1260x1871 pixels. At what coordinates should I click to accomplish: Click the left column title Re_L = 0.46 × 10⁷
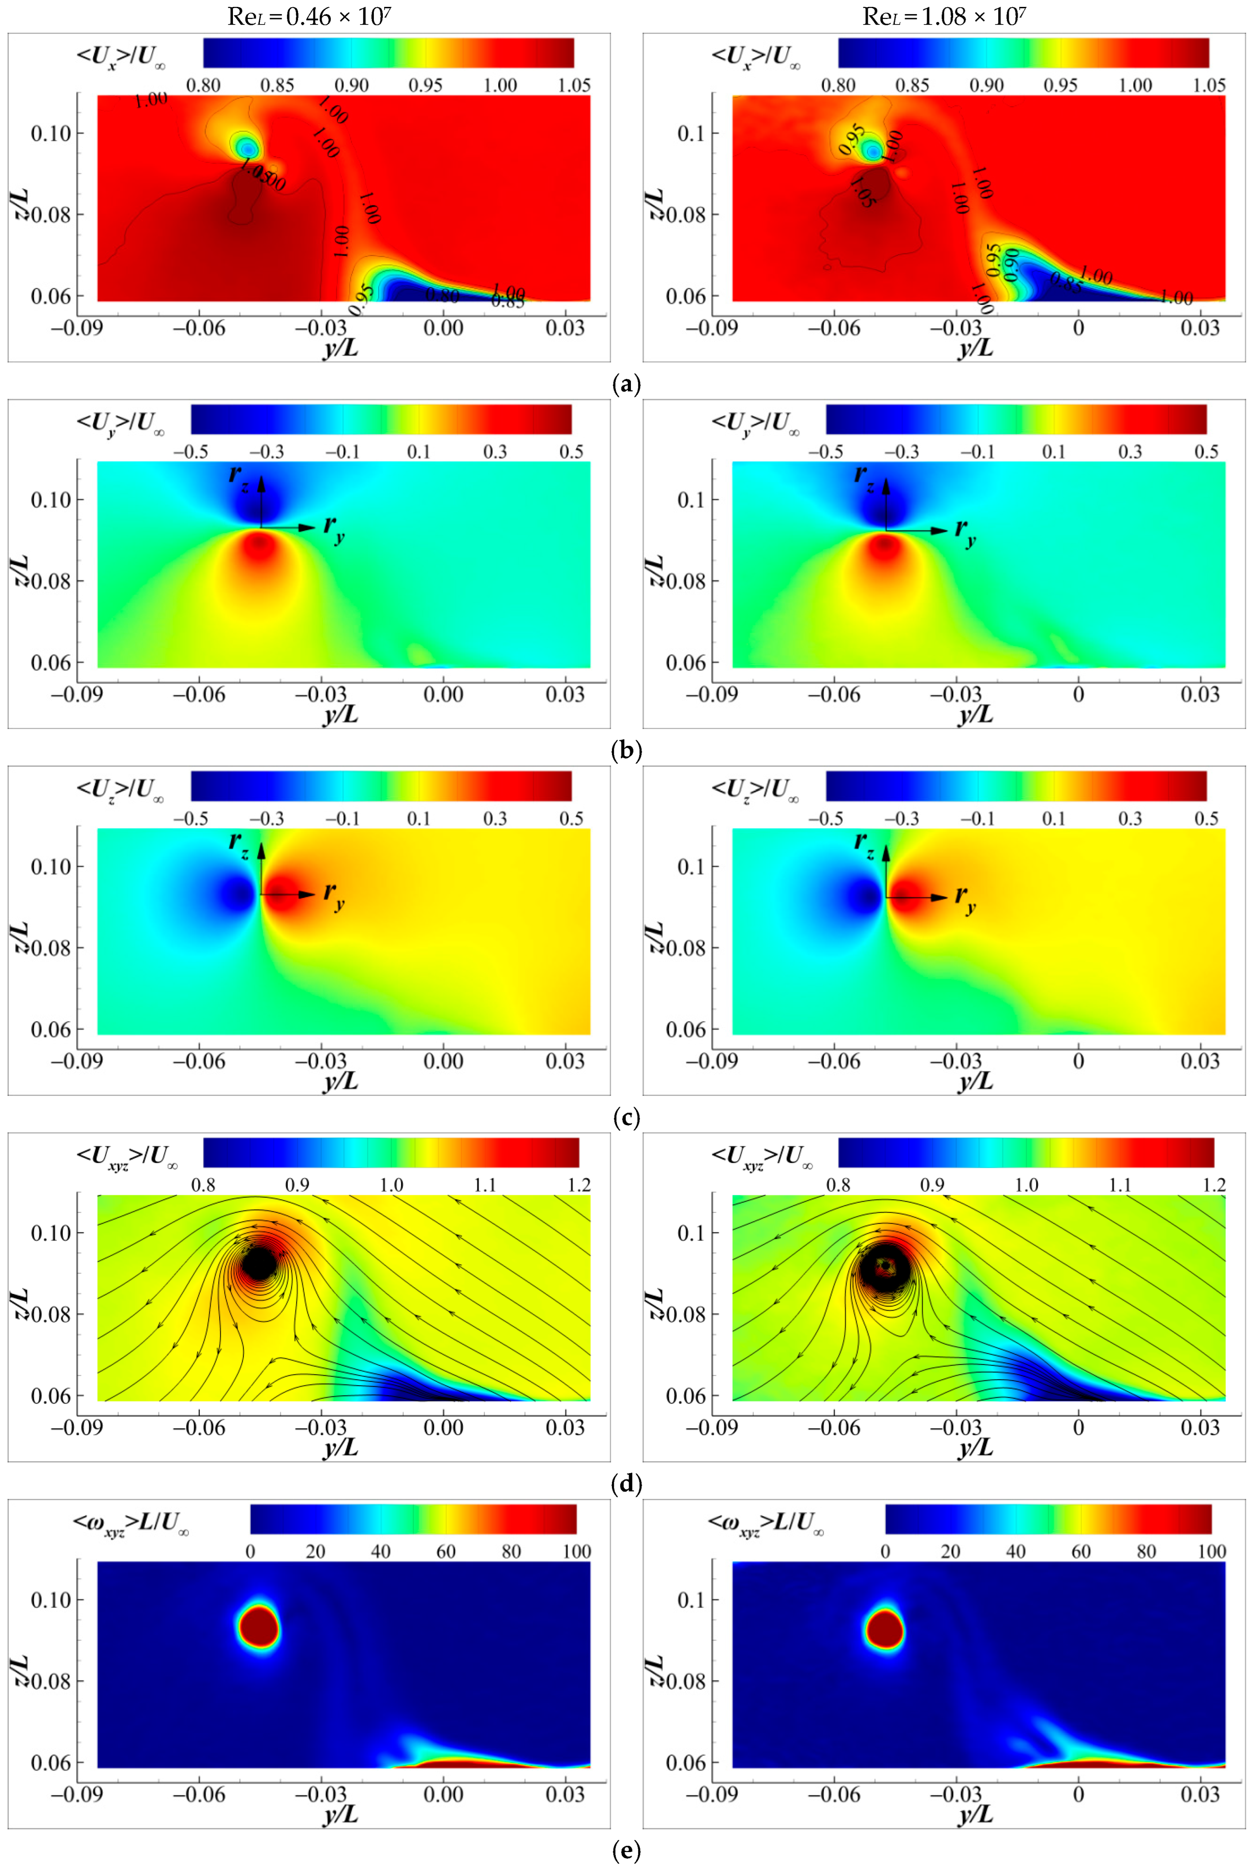(x=309, y=16)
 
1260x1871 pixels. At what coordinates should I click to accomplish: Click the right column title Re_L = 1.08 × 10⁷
(x=944, y=16)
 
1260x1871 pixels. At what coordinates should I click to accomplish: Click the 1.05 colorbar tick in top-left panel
(x=574, y=85)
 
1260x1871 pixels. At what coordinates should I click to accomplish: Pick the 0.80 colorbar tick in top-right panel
(x=838, y=85)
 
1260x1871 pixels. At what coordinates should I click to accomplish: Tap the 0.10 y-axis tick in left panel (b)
(x=51, y=500)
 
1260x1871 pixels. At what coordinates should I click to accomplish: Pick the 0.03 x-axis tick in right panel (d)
(x=1200, y=1427)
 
